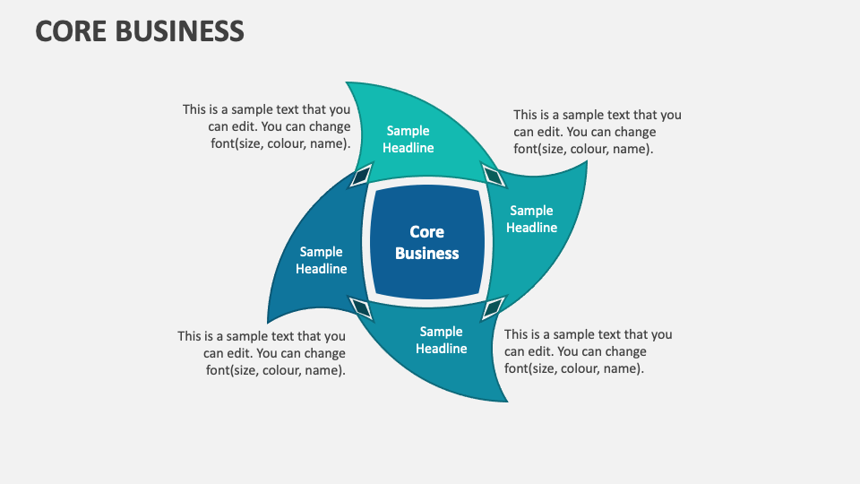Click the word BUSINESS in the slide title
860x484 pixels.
point(183,30)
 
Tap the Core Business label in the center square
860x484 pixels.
point(427,243)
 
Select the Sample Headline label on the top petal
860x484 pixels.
point(408,140)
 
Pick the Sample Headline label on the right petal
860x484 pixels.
point(532,220)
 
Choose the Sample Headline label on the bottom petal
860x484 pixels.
point(442,341)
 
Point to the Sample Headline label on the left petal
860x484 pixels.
point(322,261)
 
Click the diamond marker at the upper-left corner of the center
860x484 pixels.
point(360,175)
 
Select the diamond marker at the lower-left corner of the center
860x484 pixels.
point(361,309)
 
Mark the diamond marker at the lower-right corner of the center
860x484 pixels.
point(493,309)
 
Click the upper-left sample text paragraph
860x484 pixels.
point(266,126)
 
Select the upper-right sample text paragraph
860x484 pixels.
point(598,132)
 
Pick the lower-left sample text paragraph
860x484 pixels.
point(262,353)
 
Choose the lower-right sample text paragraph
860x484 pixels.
point(589,351)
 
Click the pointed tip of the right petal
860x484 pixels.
point(587,163)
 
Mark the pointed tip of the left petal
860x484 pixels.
point(269,321)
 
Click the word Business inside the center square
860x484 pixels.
point(427,254)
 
